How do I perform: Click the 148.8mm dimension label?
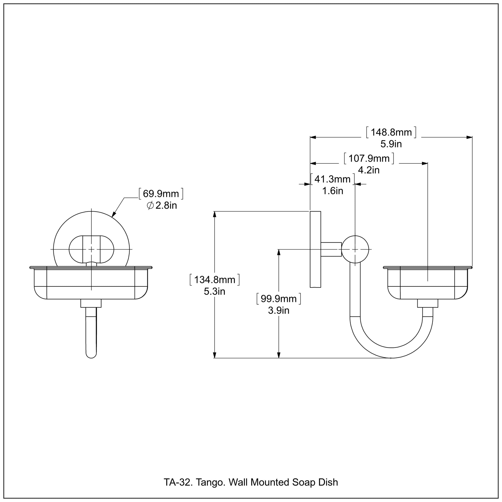[x=391, y=133]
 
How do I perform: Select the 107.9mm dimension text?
[x=369, y=158]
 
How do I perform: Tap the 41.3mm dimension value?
[x=333, y=179]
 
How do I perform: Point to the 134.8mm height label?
[x=215, y=280]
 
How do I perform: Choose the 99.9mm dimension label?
[x=279, y=299]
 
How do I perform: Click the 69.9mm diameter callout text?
[x=161, y=194]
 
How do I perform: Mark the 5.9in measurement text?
[x=391, y=144]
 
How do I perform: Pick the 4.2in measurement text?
[x=369, y=170]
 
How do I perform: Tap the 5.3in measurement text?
[x=215, y=292]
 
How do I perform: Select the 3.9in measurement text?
[x=279, y=311]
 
